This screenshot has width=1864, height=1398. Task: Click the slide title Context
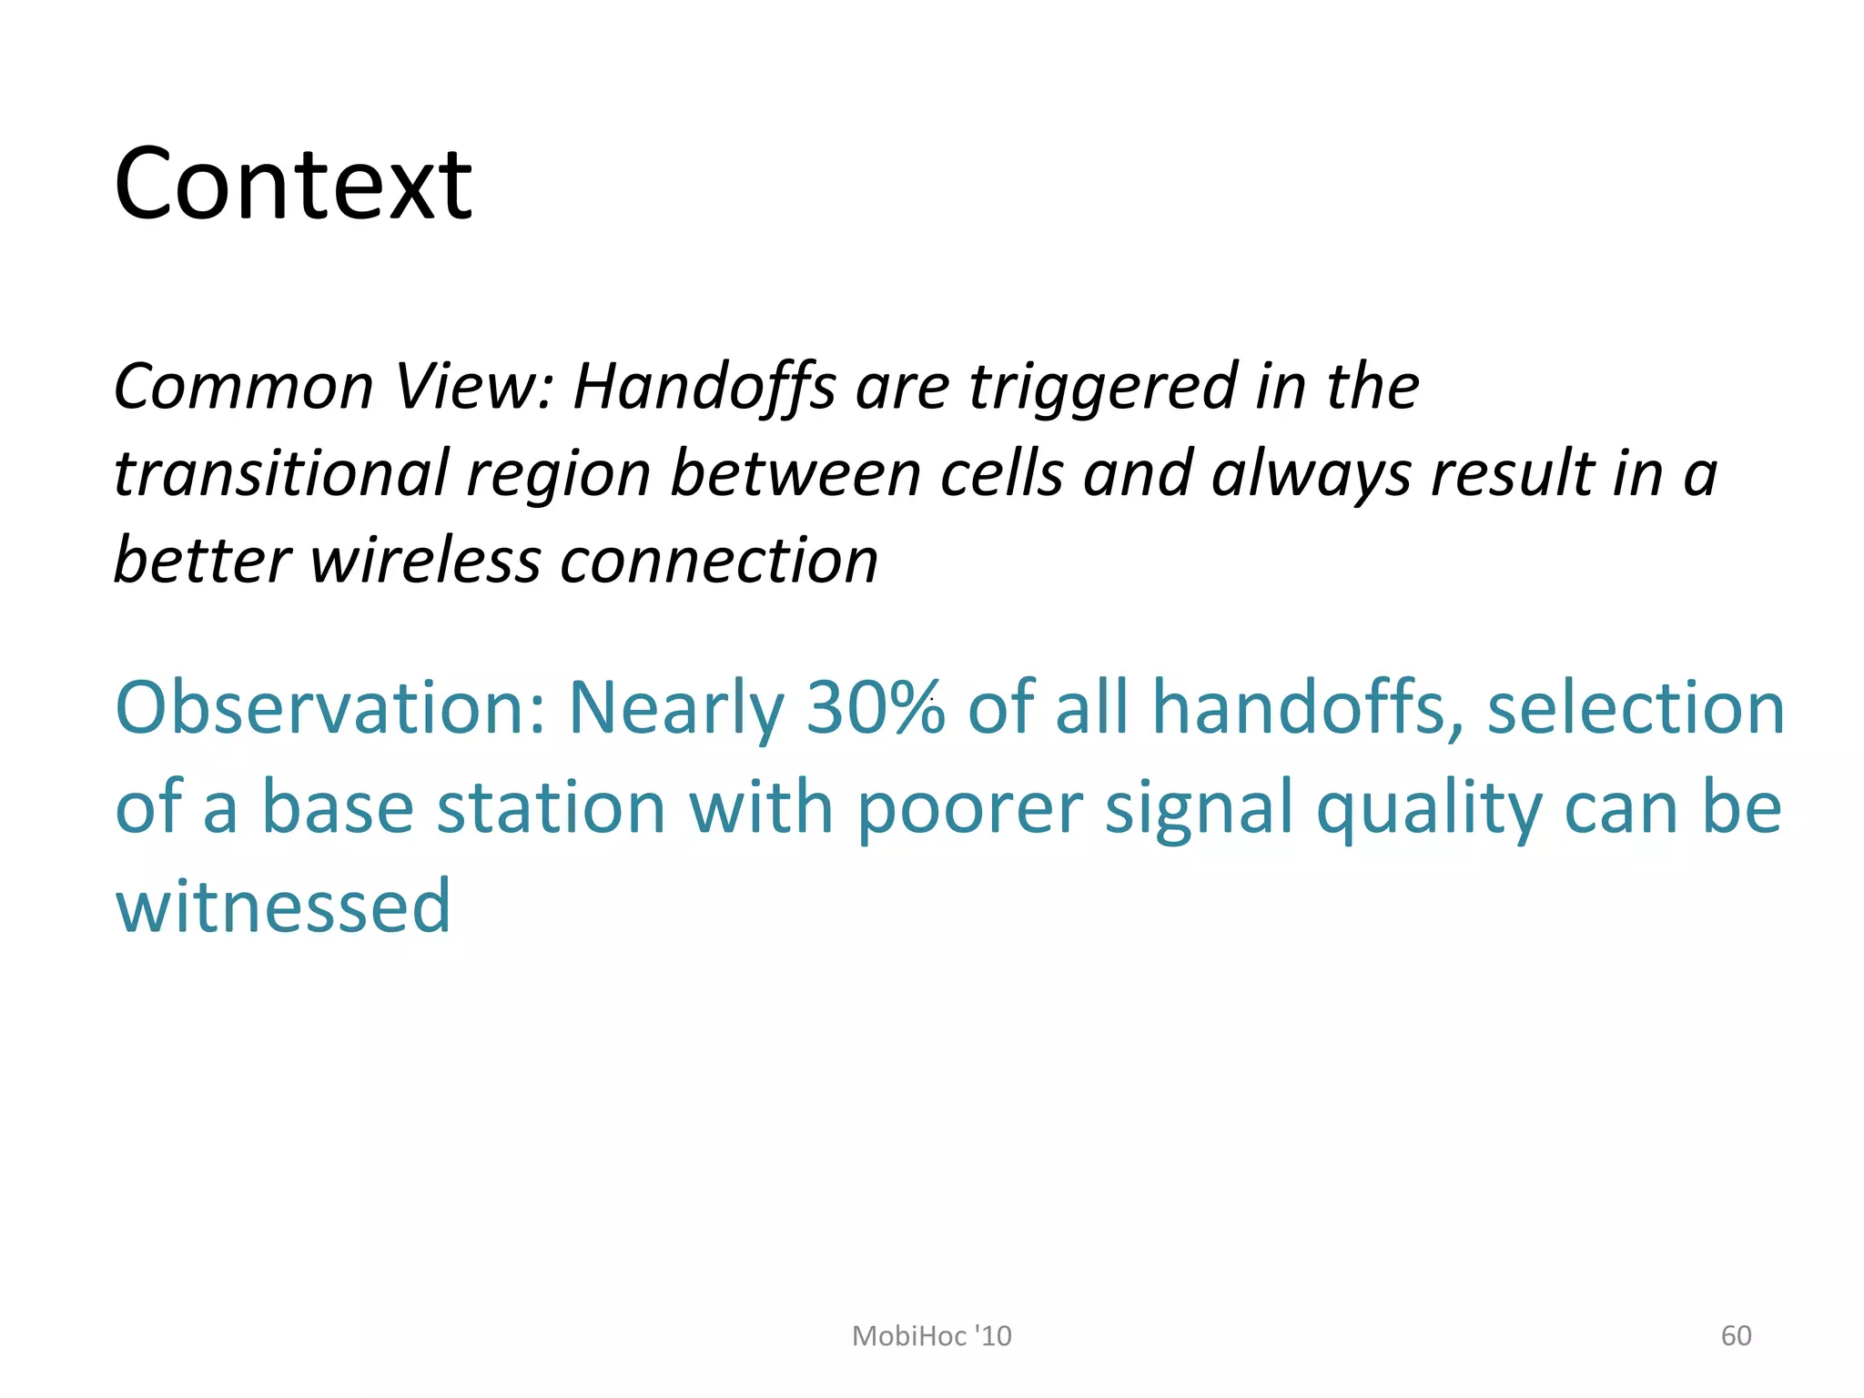[293, 185]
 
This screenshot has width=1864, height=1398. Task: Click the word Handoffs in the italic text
[704, 388]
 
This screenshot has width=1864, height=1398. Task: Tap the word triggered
[1102, 388]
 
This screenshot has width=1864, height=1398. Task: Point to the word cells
[1001, 474]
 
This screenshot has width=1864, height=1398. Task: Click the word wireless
[425, 561]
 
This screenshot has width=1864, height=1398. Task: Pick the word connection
[719, 561]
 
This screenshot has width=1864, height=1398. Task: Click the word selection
[1636, 708]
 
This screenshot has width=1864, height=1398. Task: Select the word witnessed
[283, 907]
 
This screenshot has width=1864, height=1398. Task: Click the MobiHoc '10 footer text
[931, 1336]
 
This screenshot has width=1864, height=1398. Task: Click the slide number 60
[1736, 1336]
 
